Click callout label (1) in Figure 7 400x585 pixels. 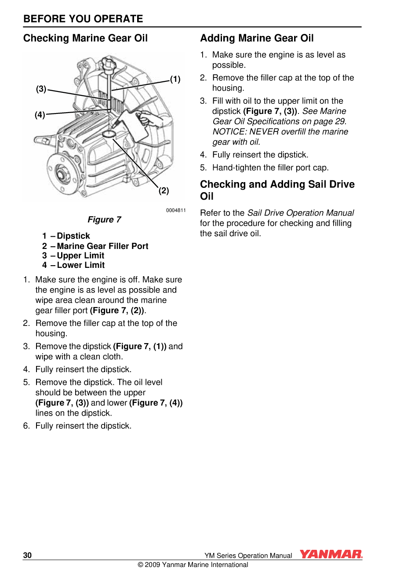tap(175, 79)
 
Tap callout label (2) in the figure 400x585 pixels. tap(164, 190)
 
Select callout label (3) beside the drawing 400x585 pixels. tap(41, 89)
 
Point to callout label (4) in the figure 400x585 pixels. tap(40, 115)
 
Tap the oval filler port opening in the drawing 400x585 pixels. tap(109, 133)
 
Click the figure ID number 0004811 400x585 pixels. tap(176, 210)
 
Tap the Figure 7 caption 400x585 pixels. tap(104, 219)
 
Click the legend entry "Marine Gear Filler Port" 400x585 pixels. tap(102, 246)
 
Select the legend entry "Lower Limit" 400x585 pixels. tap(81, 265)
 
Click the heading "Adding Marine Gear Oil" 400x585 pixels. tap(257, 38)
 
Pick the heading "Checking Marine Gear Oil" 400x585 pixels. tap(85, 38)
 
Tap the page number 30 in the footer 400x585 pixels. tap(27, 555)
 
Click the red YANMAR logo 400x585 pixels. tap(331, 554)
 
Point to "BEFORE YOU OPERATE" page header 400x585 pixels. tap(83, 19)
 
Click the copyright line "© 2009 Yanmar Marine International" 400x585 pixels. tap(193, 565)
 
